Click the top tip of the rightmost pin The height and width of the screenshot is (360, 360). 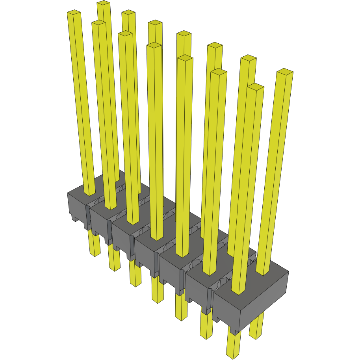285,72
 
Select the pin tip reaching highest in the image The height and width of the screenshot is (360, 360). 103,3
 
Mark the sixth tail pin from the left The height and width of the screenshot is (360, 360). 206,325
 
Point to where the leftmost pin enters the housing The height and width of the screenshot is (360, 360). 90,193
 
